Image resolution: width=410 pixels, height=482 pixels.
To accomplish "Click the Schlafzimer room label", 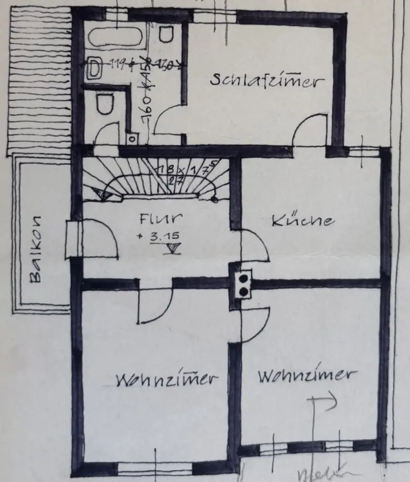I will [265, 80].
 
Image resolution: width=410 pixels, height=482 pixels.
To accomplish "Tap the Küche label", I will [302, 221].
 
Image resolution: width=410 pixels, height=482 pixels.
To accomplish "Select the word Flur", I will [161, 219].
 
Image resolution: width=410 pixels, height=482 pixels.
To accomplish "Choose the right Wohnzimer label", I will [308, 375].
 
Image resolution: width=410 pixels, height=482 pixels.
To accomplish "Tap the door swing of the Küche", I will [254, 246].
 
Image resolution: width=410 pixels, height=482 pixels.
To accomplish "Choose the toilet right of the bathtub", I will [167, 33].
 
